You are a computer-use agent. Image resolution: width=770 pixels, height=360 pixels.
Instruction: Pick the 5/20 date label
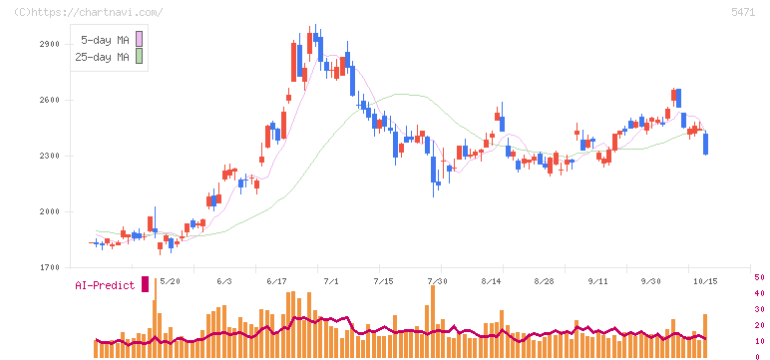(x=170, y=281)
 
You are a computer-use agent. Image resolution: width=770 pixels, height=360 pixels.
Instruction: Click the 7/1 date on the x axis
(x=330, y=281)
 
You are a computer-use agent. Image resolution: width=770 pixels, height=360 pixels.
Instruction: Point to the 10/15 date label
(x=705, y=281)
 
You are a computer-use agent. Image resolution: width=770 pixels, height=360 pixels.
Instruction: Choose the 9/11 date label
(x=597, y=281)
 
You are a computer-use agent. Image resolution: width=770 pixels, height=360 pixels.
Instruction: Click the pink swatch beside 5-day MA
(x=139, y=39)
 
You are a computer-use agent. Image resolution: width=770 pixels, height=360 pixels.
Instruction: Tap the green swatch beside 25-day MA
(x=139, y=57)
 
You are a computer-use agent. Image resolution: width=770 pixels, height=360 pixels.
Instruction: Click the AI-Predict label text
(x=105, y=285)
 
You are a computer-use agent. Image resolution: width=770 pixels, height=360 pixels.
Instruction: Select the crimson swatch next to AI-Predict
(x=145, y=284)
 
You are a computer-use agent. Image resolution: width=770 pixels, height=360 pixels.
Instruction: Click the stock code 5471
(x=743, y=13)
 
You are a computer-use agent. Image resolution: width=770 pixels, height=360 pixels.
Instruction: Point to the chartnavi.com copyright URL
(x=89, y=13)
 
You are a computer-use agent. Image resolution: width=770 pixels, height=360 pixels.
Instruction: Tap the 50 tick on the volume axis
(x=759, y=277)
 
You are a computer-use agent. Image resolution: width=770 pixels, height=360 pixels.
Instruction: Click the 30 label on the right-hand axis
(x=759, y=309)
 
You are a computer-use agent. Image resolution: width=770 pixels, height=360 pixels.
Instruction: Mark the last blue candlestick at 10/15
(x=706, y=144)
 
